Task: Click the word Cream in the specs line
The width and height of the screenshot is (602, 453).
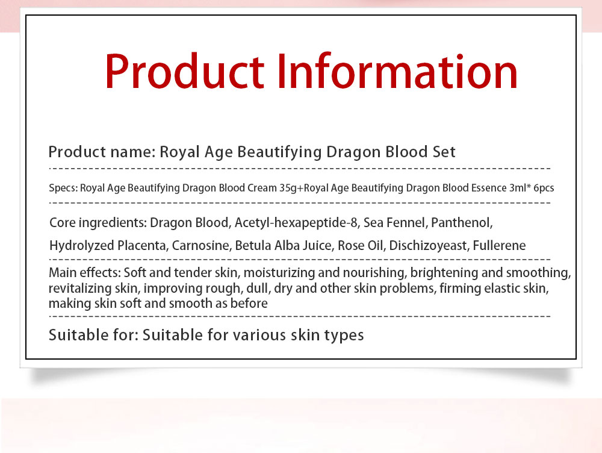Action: [x=262, y=188]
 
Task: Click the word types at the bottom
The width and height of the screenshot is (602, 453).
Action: [x=344, y=335]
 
